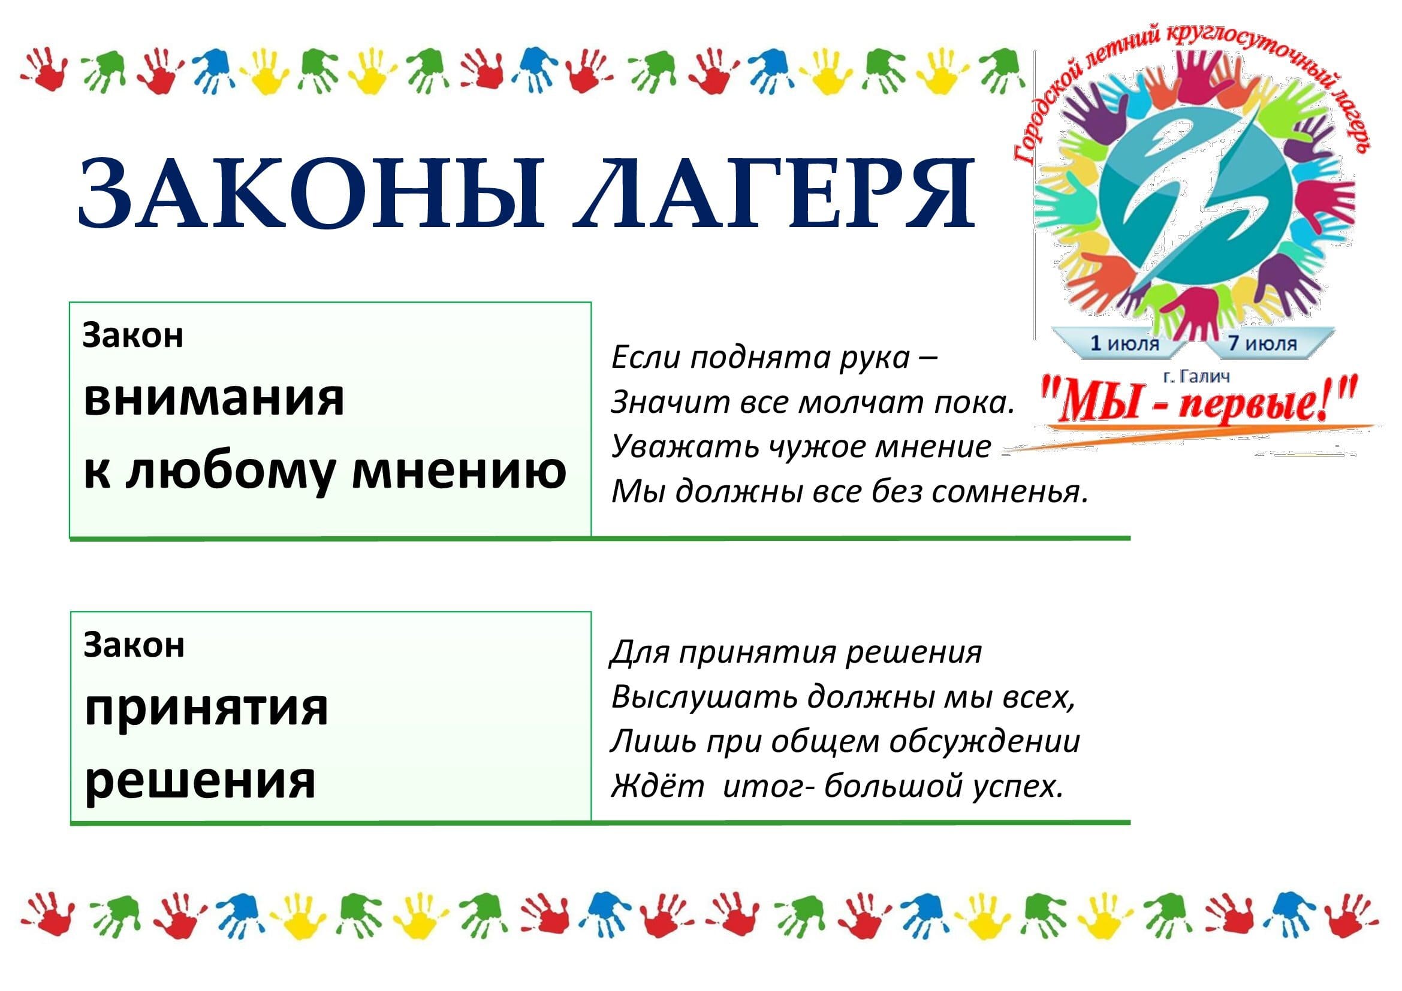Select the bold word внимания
coord(214,399)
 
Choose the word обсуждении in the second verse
coord(984,742)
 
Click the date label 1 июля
coord(1124,343)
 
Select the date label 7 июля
coord(1262,343)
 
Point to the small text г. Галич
coord(1196,376)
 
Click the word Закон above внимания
coord(133,336)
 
